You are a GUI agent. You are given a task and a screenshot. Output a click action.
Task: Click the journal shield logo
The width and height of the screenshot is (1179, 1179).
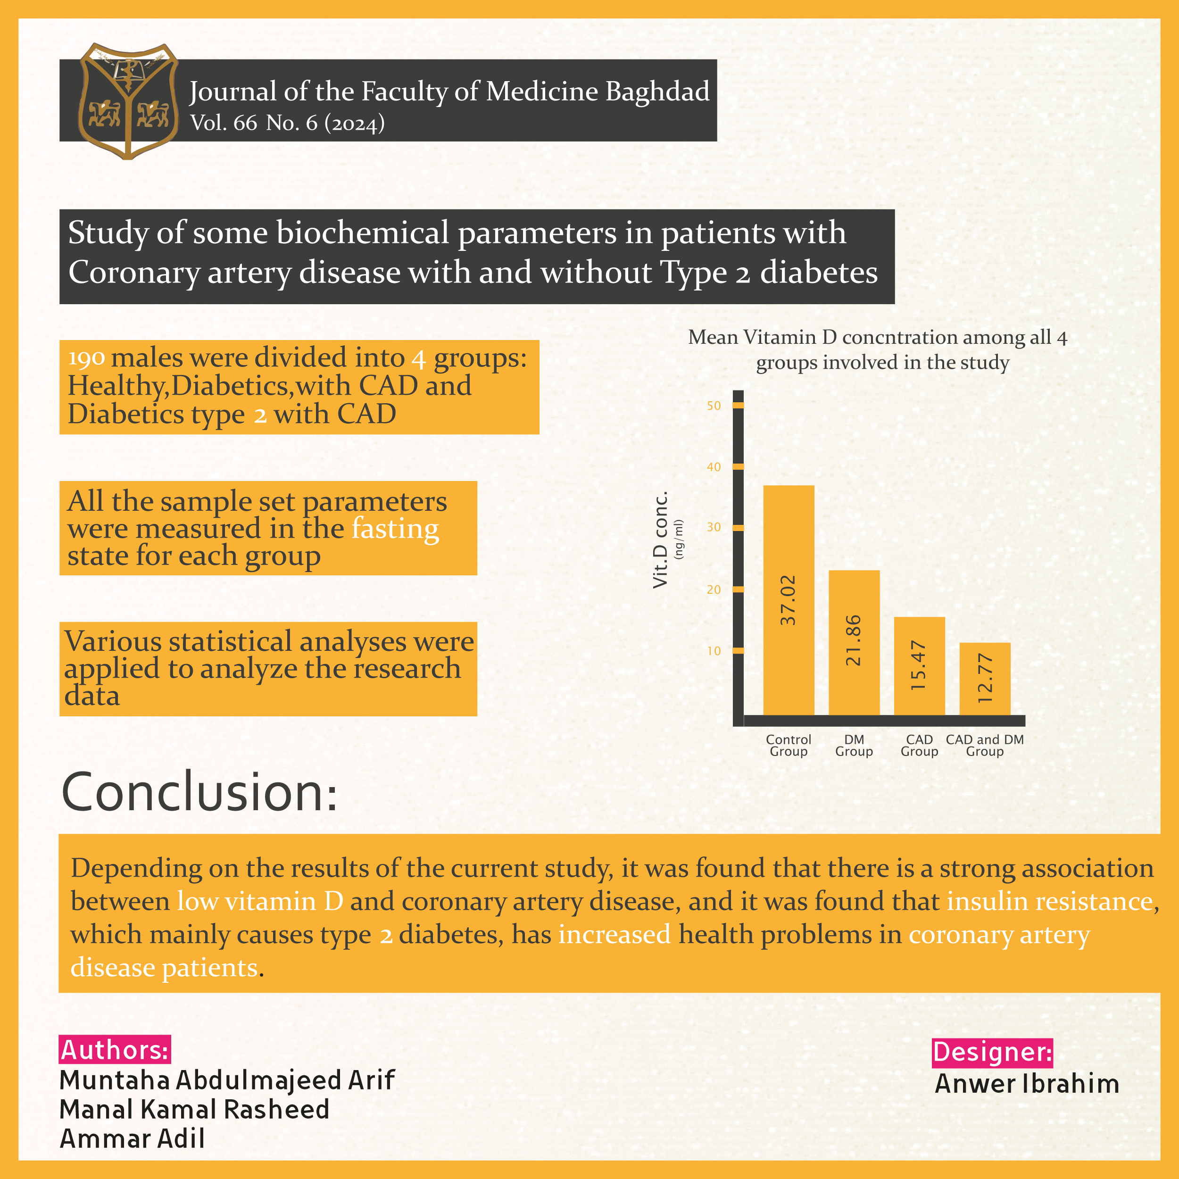pos(128,101)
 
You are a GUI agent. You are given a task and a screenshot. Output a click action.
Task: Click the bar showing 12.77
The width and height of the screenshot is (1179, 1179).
pos(984,679)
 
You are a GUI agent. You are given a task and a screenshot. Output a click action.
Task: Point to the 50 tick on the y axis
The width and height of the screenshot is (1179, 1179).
pos(714,406)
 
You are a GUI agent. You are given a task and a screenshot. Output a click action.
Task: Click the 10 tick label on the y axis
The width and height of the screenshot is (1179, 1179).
pos(714,651)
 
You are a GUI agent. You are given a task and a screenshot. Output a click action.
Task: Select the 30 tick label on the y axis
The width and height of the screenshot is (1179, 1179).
pos(714,527)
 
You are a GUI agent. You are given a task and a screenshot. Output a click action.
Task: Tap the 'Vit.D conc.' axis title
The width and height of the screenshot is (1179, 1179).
pos(661,540)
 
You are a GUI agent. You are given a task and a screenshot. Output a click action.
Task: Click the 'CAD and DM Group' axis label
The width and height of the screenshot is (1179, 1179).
pos(984,745)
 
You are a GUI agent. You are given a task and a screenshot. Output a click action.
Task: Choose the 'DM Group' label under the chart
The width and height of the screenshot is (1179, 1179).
pos(854,745)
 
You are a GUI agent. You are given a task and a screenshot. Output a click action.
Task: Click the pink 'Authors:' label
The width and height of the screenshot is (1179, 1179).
pos(115,1050)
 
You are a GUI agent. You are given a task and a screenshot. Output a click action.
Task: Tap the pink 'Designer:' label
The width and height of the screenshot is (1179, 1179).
pos(992,1052)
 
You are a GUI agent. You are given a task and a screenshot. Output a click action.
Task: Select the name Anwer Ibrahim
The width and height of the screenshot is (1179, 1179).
pos(1027,1084)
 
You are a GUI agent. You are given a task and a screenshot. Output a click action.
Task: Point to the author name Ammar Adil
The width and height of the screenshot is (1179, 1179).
pos(133,1139)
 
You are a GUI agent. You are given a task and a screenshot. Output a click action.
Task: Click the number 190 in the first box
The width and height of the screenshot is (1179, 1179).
pos(86,358)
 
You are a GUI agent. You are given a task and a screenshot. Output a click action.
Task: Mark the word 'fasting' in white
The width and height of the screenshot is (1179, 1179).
pos(395,529)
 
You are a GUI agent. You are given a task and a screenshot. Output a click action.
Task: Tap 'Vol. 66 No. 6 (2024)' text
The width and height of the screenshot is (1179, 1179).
pos(287,123)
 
